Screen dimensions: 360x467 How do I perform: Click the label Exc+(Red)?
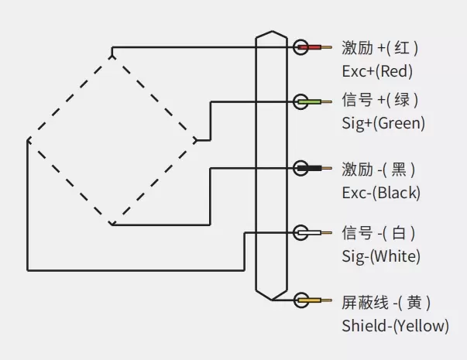click(376, 71)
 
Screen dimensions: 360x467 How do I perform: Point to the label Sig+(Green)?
click(383, 123)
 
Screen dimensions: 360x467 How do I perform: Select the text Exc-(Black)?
click(380, 193)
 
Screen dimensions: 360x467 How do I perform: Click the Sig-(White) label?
click(380, 256)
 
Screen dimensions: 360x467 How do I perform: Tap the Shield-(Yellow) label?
click(395, 326)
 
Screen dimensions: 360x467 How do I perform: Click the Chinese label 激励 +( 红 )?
click(379, 48)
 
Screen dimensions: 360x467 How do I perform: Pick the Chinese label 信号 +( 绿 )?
click(379, 100)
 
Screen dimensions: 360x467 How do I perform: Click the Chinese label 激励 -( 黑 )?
click(378, 169)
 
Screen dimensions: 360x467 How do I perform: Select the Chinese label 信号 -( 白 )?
click(378, 232)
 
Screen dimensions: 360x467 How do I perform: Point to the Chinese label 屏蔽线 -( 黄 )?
click(386, 301)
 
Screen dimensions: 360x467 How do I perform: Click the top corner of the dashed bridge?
click(112, 53)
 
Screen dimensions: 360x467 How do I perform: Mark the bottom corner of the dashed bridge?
click(112, 225)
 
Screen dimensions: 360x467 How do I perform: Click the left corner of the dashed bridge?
click(28, 140)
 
